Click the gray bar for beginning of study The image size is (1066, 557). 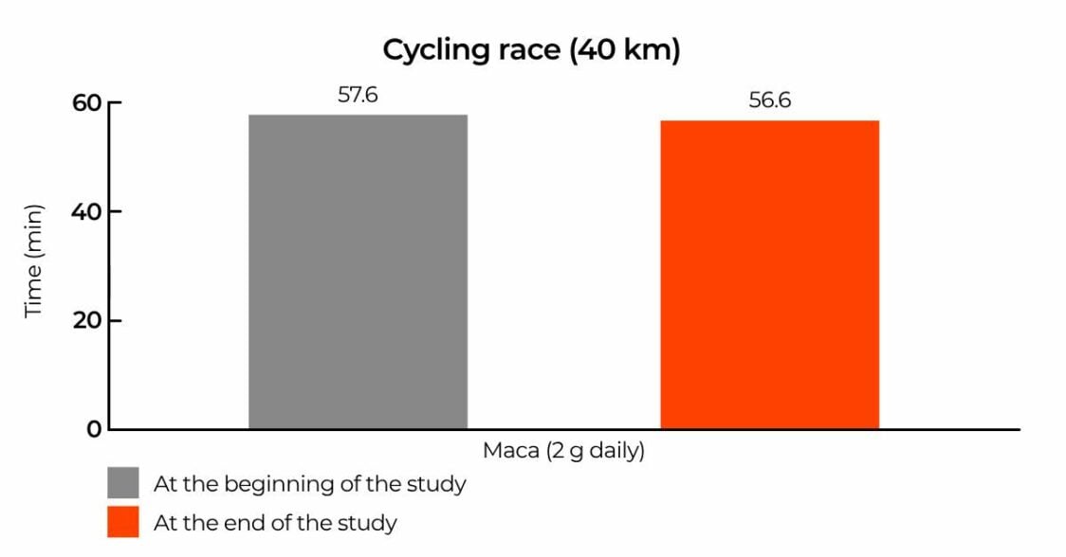coord(358,272)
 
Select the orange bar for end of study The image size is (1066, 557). coord(769,275)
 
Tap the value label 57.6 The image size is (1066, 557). coord(358,95)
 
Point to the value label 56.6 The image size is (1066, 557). coord(769,100)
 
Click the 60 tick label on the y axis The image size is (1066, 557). coord(86,102)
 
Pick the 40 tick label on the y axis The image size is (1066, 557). coord(86,211)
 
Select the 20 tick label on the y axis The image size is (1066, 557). coord(86,320)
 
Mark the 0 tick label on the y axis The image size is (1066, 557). coord(94,429)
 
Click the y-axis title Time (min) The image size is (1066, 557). coord(34,261)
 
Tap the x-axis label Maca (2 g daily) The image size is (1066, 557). coord(563,451)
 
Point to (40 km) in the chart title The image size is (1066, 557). coord(625,50)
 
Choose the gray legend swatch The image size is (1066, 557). coord(122,483)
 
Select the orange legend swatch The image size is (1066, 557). coord(122,522)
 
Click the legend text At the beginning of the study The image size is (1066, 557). coord(309,484)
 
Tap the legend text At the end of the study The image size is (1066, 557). coord(275,522)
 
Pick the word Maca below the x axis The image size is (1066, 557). coord(510,451)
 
